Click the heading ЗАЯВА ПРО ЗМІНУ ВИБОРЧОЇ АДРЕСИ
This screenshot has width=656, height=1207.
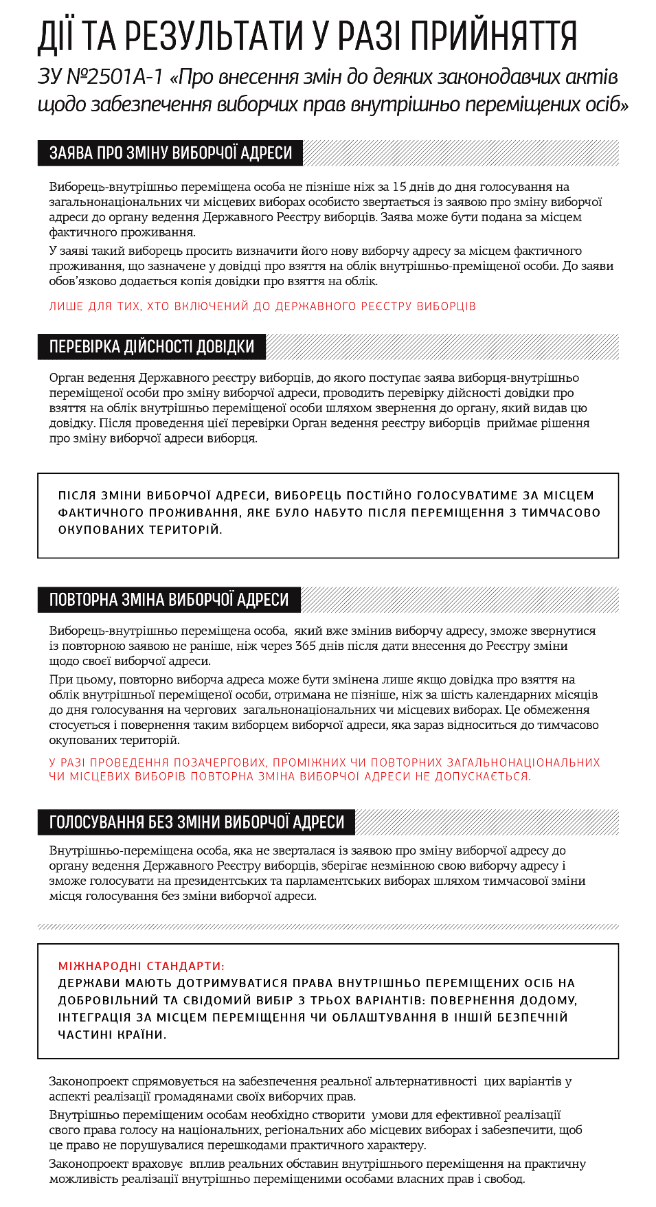(170, 153)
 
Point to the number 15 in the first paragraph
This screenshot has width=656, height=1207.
(399, 187)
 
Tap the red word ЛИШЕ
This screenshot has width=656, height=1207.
(66, 306)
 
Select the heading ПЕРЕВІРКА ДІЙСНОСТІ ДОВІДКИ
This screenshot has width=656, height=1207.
(152, 347)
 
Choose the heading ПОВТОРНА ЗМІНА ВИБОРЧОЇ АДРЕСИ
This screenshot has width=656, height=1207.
(169, 600)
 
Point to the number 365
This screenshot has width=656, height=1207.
(305, 646)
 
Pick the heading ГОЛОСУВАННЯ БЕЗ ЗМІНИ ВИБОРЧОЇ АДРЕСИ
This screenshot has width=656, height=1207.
(196, 822)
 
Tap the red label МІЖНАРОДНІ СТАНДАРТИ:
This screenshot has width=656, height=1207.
(141, 966)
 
